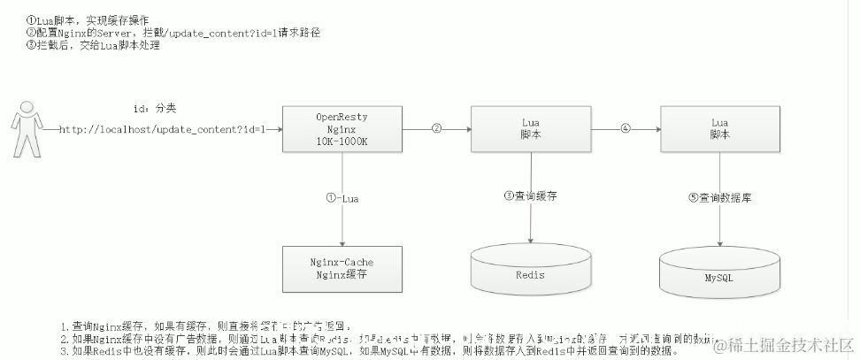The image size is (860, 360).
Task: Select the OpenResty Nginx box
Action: (342, 129)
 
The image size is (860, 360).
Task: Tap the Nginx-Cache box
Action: (342, 270)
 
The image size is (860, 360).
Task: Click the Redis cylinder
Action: (530, 270)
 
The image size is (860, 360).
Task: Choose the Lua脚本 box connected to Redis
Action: (530, 129)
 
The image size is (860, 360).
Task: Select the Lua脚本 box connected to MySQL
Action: (719, 129)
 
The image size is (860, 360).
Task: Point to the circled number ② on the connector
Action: (436, 128)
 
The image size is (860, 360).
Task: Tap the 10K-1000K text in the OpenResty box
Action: (342, 142)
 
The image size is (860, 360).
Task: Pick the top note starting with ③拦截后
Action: (94, 45)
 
